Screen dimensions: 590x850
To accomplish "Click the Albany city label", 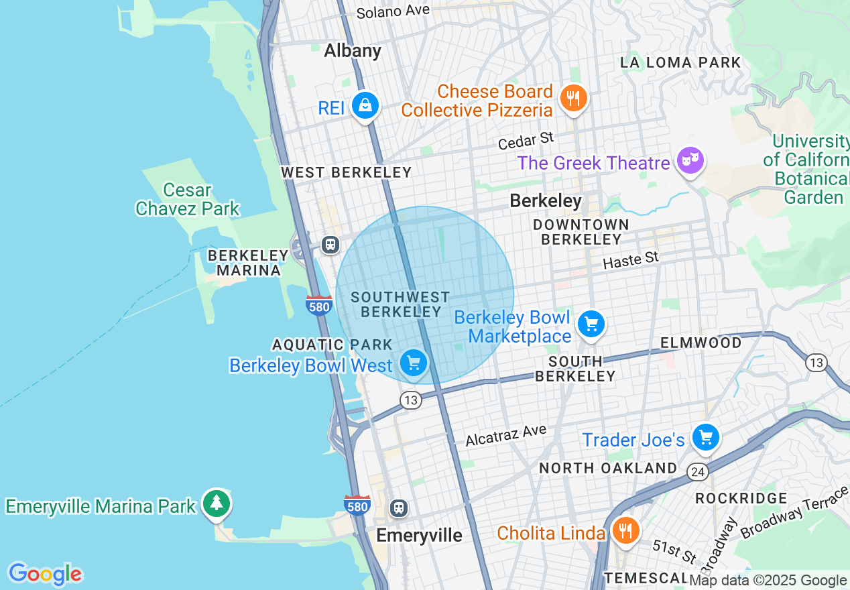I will (353, 51).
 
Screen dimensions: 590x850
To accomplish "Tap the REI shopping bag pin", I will (365, 106).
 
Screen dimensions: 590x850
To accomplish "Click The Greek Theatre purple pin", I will (690, 160).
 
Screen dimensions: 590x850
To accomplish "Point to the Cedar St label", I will (526, 141).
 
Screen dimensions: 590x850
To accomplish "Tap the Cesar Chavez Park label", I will (187, 200).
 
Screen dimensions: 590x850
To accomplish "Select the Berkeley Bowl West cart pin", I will (414, 363).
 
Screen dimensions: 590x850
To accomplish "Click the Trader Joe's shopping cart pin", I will (705, 438).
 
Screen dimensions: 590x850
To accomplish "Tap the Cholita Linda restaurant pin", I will (625, 531).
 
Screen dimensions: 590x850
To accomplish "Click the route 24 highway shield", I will (697, 473).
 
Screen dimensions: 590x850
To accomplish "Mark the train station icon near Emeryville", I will (399, 508).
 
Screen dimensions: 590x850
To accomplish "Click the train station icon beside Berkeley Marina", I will (330, 244).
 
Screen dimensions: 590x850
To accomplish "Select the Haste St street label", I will (630, 260).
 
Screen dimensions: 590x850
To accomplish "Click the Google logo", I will (45, 575).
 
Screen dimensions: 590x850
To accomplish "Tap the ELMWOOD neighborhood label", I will (701, 343).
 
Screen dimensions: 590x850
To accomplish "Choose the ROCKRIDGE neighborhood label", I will (741, 498).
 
